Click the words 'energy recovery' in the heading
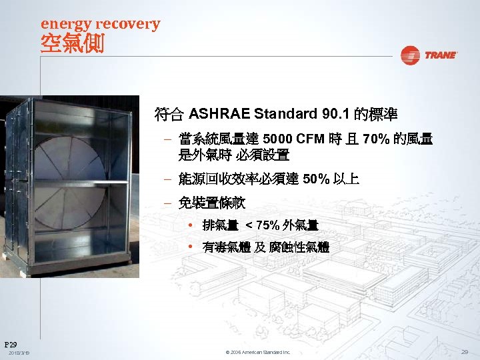pos(100,24)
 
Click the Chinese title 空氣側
pos(72,45)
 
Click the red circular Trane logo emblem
pos(410,55)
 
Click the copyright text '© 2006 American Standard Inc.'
pos(258,352)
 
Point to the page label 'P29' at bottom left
pos(11,342)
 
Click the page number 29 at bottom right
pos(464,351)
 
